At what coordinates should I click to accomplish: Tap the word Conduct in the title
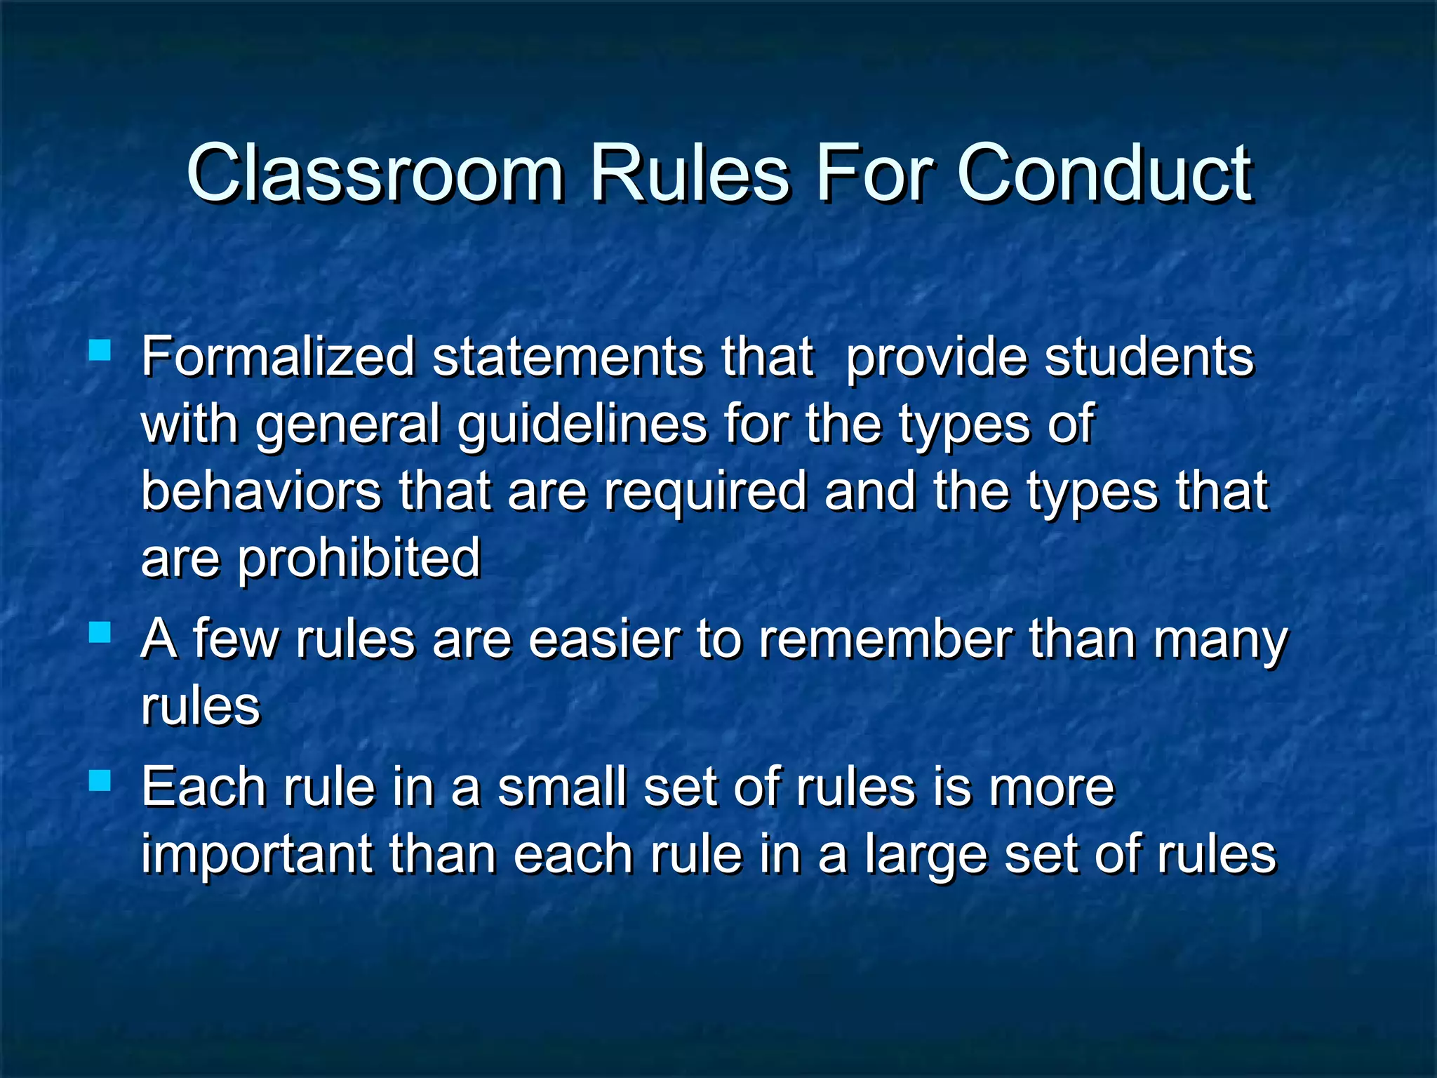[x=1104, y=173]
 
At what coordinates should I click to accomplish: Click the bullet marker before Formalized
[x=100, y=350]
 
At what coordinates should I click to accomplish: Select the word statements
[x=567, y=357]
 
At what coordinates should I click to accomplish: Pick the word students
[x=1149, y=357]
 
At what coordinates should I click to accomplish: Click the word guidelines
[x=582, y=425]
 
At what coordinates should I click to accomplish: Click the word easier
[x=604, y=639]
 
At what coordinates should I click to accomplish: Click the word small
[x=561, y=787]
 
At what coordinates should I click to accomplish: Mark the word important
[x=257, y=856]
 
